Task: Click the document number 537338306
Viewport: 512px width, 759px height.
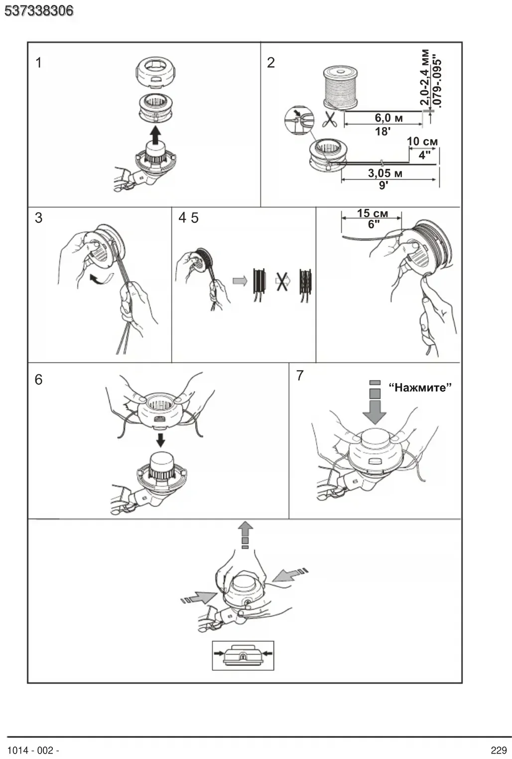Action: pyautogui.click(x=39, y=11)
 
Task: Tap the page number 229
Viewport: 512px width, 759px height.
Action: pyautogui.click(x=499, y=750)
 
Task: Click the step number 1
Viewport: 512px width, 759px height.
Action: pyautogui.click(x=39, y=63)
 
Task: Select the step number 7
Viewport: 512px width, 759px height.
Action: pyautogui.click(x=300, y=375)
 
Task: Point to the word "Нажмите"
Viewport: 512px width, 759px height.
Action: pyautogui.click(x=420, y=387)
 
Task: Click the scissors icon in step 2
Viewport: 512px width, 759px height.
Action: pyautogui.click(x=329, y=119)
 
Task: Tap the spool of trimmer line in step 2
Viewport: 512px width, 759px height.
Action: pyautogui.click(x=340, y=88)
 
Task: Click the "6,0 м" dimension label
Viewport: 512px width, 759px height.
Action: pyautogui.click(x=388, y=118)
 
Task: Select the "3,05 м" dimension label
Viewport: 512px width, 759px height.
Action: pyautogui.click(x=385, y=173)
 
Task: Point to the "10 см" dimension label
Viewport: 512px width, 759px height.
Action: pyautogui.click(x=422, y=142)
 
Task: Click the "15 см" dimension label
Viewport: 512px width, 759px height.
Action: pyautogui.click(x=373, y=213)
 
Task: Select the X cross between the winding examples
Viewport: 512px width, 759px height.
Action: pyautogui.click(x=282, y=281)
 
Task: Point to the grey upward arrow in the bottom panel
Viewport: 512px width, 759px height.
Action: pyautogui.click(x=245, y=535)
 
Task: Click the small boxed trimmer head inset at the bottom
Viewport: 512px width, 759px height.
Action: pyautogui.click(x=243, y=655)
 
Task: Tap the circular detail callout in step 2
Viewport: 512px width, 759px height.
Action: pyautogui.click(x=299, y=120)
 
